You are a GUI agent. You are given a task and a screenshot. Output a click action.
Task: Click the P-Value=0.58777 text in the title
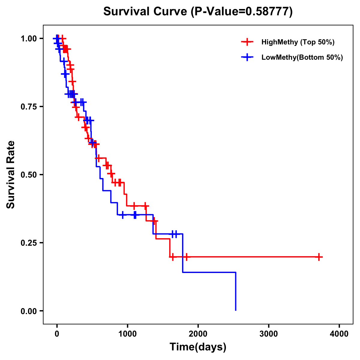[x=242, y=12]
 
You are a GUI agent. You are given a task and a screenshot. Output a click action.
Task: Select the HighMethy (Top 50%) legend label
[x=298, y=42]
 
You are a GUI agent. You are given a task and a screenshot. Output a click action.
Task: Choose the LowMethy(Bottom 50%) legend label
[x=302, y=58]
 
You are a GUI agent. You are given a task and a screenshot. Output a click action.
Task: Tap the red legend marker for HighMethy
[x=247, y=42]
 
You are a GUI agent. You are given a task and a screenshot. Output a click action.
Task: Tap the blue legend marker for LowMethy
[x=247, y=57]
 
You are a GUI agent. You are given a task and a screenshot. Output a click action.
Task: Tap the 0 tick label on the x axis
[x=57, y=334]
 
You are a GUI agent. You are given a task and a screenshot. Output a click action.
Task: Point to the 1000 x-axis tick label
[x=127, y=334]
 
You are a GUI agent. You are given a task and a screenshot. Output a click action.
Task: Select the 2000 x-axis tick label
[x=198, y=334]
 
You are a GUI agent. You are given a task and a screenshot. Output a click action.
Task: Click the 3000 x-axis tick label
[x=268, y=334]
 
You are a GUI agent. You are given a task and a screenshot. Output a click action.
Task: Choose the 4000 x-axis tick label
[x=339, y=334]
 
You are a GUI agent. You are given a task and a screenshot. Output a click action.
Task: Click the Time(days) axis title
[x=198, y=347]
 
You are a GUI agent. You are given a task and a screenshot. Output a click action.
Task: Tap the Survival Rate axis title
[x=11, y=174]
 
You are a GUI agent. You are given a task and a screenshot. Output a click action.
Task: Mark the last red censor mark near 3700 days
[x=319, y=257]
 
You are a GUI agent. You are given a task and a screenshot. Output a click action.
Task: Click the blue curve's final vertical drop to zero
[x=235, y=291]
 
